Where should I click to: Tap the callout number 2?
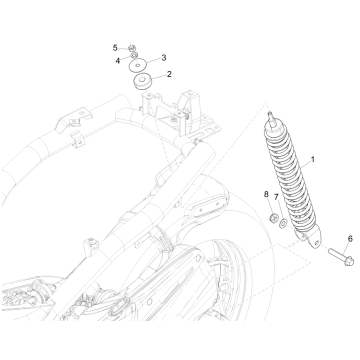(x=169, y=75)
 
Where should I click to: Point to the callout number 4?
(x=117, y=60)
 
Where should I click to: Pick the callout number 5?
(x=116, y=47)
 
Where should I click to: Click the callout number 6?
(x=322, y=239)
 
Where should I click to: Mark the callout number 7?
(x=276, y=198)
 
